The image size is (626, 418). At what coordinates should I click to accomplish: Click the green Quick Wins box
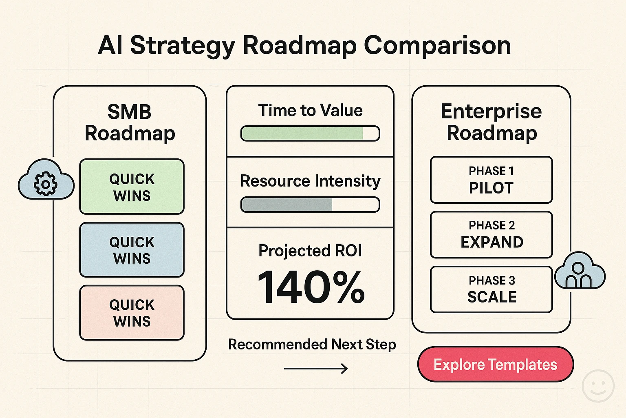(132, 187)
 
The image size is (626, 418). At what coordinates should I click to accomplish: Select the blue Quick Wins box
(132, 250)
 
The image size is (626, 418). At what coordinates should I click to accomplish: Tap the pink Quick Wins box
(132, 313)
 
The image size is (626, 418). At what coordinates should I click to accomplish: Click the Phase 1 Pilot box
(491, 180)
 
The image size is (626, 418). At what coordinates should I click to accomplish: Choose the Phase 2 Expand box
(491, 234)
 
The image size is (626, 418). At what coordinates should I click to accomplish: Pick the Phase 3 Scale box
(491, 289)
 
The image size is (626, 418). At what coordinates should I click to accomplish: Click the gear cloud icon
(46, 180)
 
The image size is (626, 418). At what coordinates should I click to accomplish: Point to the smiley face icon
(598, 386)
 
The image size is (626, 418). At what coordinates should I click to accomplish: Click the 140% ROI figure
(311, 287)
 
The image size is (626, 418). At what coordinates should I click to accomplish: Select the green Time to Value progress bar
(310, 133)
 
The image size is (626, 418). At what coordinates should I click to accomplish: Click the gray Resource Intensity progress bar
(310, 205)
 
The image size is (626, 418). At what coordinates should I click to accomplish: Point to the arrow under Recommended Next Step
(316, 369)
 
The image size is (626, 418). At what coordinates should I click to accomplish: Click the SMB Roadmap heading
(130, 122)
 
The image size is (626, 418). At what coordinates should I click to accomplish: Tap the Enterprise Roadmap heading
(492, 122)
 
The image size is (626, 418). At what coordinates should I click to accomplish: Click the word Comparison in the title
(437, 45)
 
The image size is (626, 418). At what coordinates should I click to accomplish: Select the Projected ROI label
(310, 251)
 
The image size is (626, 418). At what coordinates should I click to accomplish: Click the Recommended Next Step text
(312, 345)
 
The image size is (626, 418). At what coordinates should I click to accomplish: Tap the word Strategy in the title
(183, 45)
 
